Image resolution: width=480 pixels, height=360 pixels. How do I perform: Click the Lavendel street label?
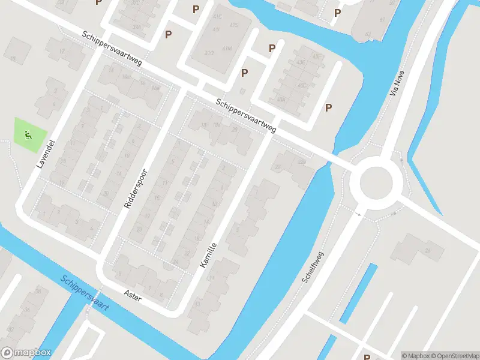point(41,154)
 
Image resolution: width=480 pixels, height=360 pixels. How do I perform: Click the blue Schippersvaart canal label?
point(84,292)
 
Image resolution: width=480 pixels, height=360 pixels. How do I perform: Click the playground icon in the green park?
point(28,134)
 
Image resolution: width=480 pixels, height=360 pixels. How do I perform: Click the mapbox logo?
point(26,353)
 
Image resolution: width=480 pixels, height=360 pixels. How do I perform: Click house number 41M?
point(227,48)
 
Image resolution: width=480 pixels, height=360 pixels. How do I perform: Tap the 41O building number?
point(209,53)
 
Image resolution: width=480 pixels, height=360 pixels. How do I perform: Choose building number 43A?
point(281,100)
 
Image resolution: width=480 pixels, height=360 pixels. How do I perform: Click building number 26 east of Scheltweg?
point(427,250)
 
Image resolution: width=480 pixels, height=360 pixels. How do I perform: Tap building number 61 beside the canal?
point(368,34)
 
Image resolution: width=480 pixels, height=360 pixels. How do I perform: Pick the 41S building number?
point(233,25)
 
